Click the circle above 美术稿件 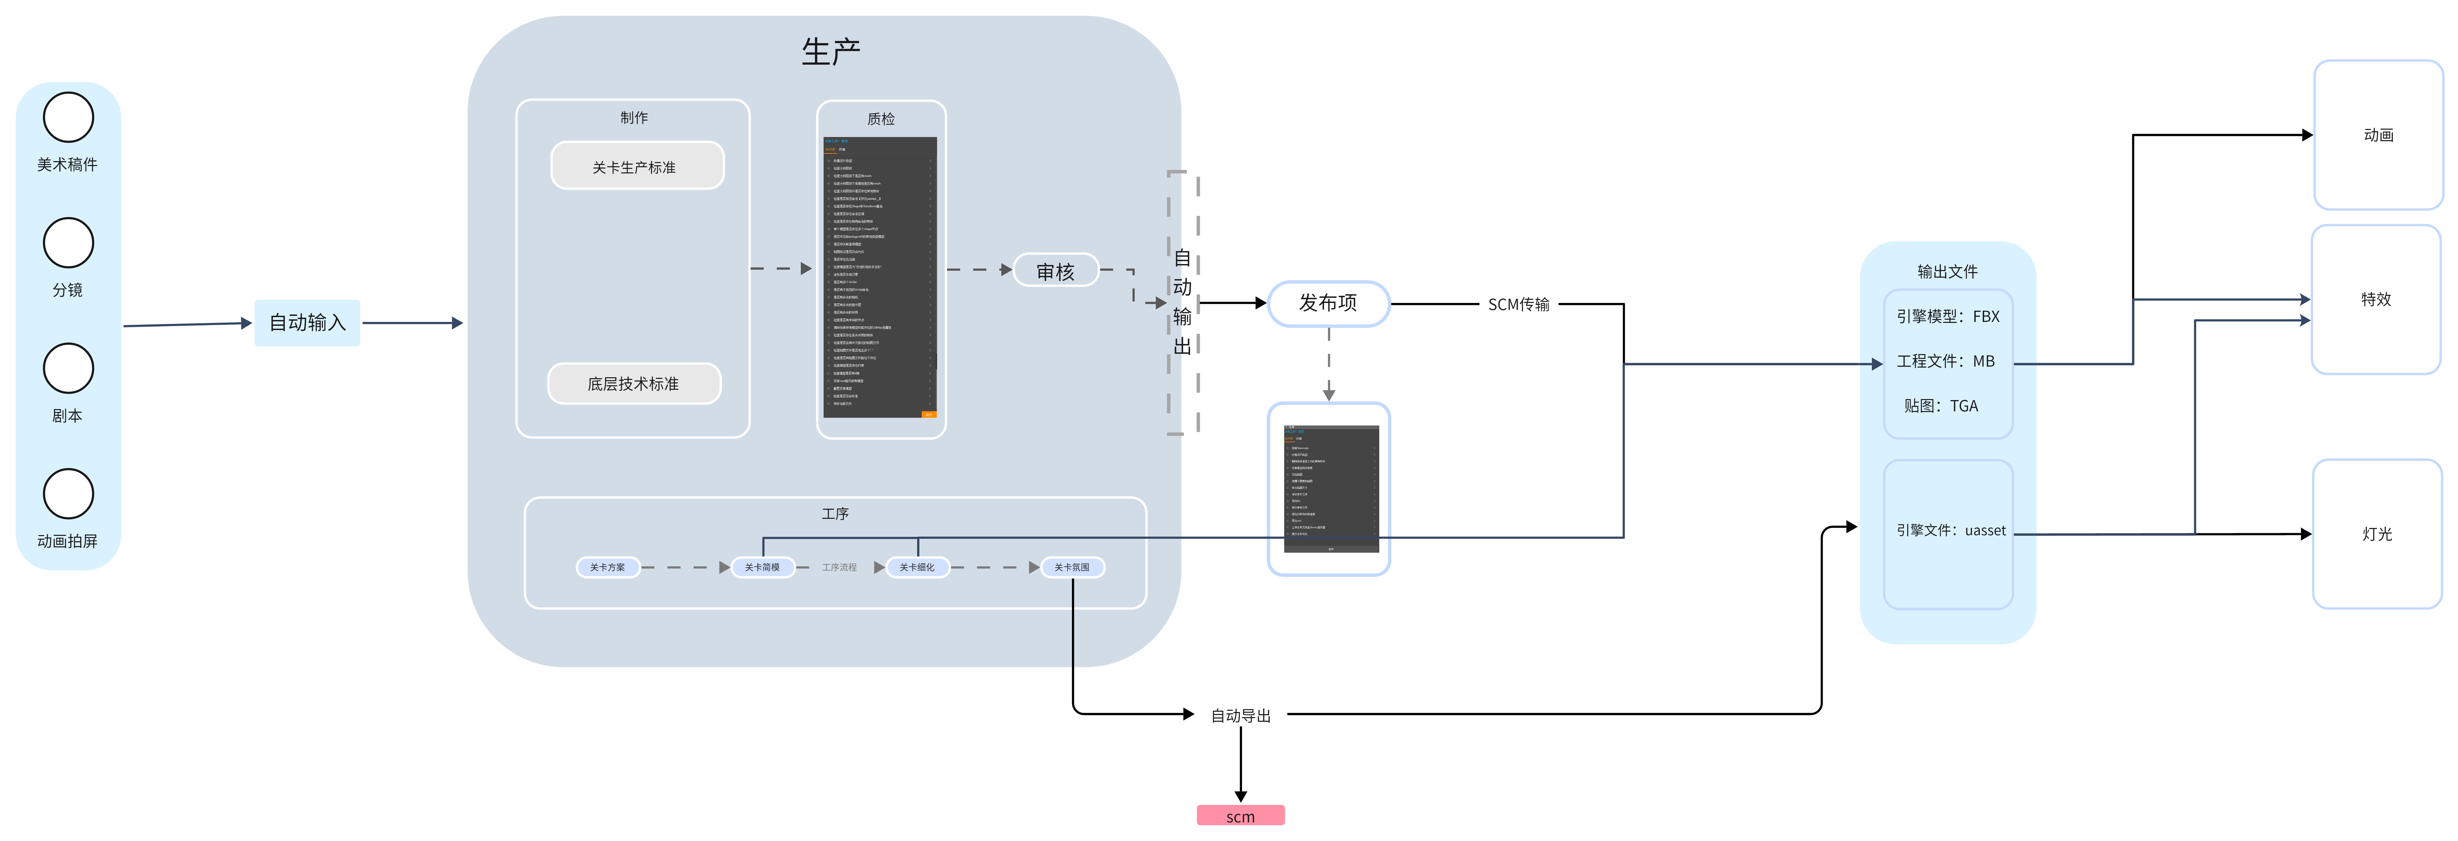click(68, 117)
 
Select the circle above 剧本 click(68, 369)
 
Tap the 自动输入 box click(307, 323)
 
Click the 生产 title click(830, 51)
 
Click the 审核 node click(1055, 271)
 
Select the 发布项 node click(1328, 303)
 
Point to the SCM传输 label click(1518, 305)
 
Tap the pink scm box click(1240, 816)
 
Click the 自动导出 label click(1240, 715)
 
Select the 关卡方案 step click(608, 567)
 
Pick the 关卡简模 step click(762, 567)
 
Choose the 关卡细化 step click(917, 567)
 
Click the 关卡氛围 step click(1072, 567)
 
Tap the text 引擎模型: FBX click(1947, 316)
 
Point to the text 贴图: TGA click(1941, 406)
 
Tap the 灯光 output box click(2377, 534)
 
